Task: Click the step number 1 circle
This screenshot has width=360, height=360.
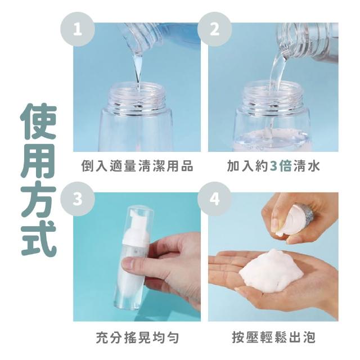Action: point(78,29)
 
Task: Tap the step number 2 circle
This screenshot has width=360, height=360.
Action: point(215,29)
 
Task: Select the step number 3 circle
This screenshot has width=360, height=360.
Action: point(78,199)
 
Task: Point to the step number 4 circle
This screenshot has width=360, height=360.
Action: point(215,199)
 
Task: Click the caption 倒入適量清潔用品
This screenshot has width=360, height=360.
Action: point(137,166)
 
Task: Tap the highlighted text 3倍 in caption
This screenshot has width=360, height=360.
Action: point(281,166)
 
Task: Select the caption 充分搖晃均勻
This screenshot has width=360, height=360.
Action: point(137,337)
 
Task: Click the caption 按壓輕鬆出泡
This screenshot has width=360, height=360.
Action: point(274,337)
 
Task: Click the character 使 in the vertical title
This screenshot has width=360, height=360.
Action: point(38,122)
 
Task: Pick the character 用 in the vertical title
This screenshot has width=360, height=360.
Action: point(38,161)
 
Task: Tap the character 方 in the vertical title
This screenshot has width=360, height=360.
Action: point(38,199)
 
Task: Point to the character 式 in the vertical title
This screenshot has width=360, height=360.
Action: point(38,238)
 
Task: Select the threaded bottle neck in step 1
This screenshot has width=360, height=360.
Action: point(137,96)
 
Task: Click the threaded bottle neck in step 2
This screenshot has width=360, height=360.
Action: point(273,96)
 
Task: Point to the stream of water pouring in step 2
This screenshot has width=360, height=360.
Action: point(277,71)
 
